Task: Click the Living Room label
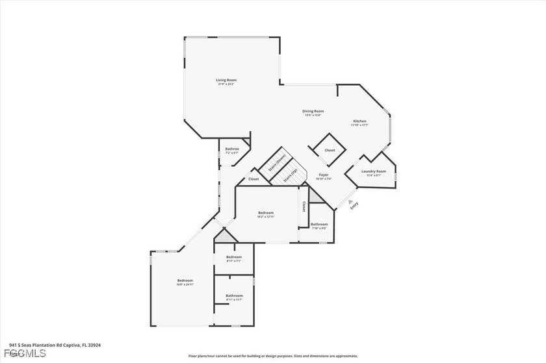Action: [226, 81]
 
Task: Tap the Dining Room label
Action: [313, 111]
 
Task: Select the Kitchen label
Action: [359, 121]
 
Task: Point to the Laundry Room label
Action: [376, 171]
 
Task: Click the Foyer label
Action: [323, 175]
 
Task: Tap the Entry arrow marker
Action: [350, 202]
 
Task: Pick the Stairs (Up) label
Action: [290, 176]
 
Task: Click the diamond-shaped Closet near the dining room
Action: [330, 150]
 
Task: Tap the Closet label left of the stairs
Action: [253, 179]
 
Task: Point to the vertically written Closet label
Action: [304, 206]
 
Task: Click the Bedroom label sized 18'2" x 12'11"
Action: [266, 213]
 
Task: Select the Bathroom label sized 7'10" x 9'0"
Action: [319, 225]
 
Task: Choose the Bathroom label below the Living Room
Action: [232, 149]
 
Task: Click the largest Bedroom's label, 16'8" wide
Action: [185, 281]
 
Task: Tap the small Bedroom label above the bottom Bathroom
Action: [234, 257]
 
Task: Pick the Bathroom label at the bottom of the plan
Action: [234, 295]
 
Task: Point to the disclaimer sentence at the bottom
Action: [272, 356]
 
